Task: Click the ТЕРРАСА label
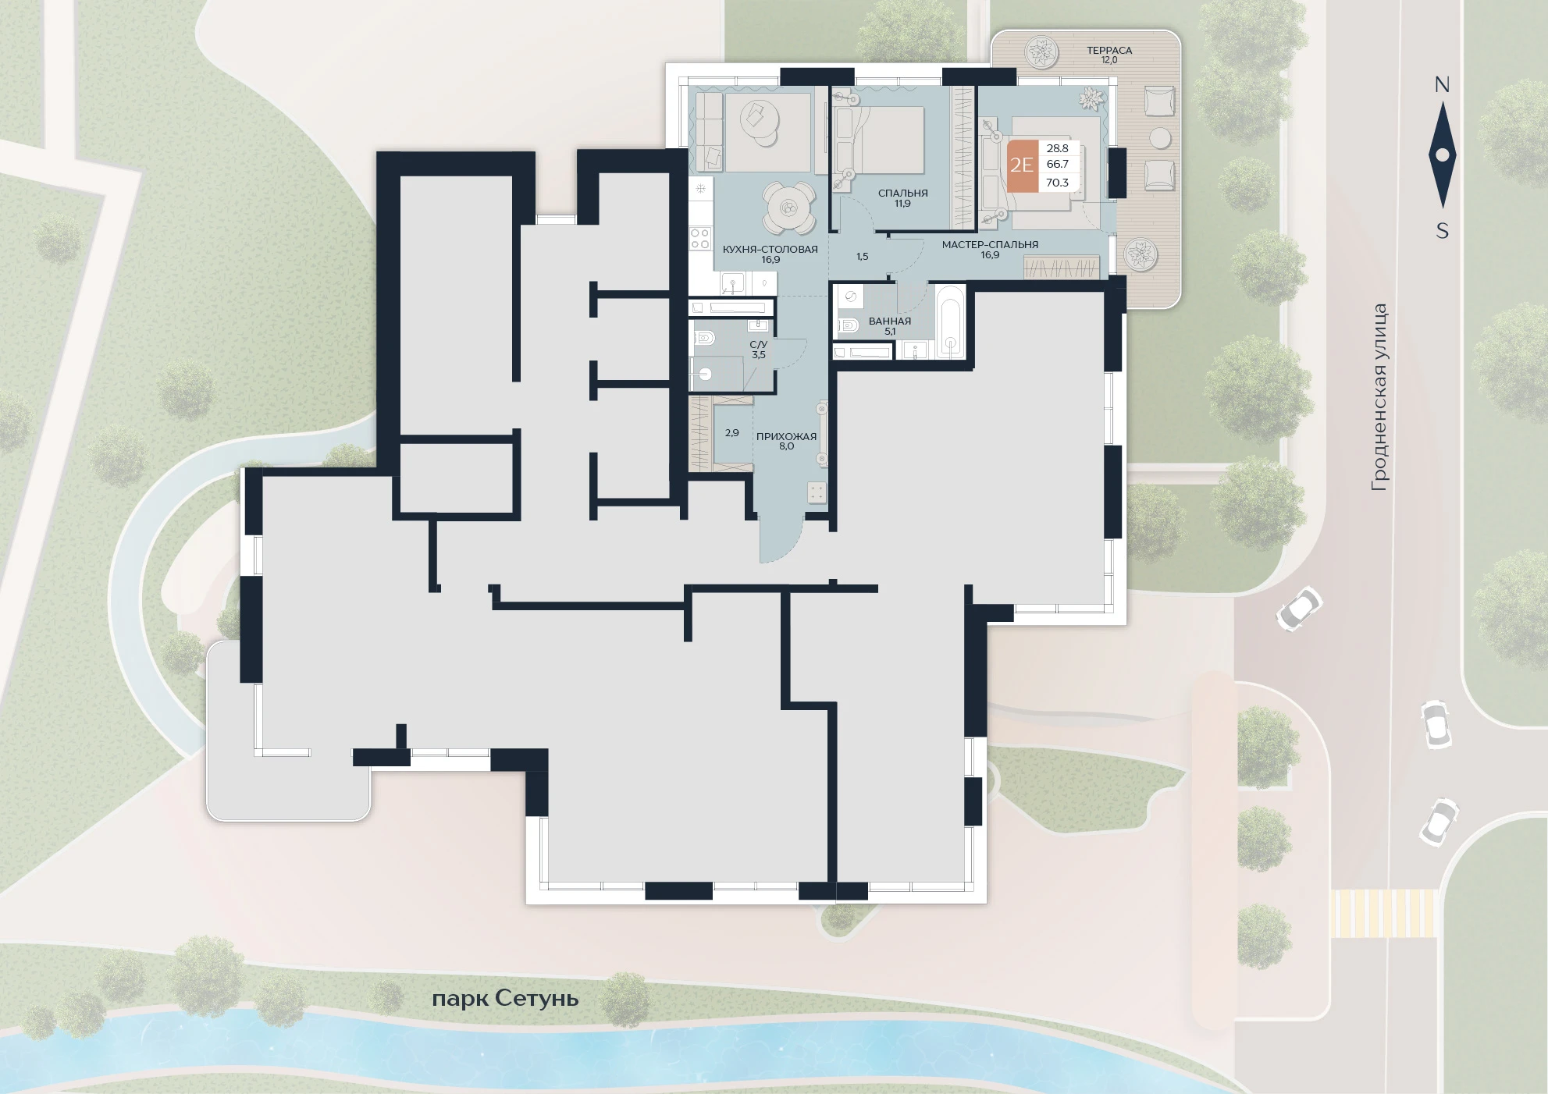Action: tap(1109, 50)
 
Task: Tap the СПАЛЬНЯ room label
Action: tap(902, 193)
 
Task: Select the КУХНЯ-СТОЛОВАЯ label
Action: tap(770, 249)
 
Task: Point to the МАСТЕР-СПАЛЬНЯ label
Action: tap(990, 244)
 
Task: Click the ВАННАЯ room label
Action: tap(890, 321)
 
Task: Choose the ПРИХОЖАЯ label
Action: tap(786, 436)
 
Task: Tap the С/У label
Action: tap(758, 344)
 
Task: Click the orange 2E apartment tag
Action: tap(1022, 165)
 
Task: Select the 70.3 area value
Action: tap(1057, 183)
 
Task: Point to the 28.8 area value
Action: tap(1057, 148)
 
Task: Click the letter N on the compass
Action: tap(1442, 84)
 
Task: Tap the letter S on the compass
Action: tap(1443, 231)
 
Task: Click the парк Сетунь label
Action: tap(505, 999)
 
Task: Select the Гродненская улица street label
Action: tap(1379, 397)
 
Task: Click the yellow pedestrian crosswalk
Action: tap(1383, 913)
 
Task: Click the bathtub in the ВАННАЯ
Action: tap(950, 321)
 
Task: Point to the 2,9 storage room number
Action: tap(731, 432)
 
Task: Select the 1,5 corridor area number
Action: tap(862, 256)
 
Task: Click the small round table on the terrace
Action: tap(1161, 138)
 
